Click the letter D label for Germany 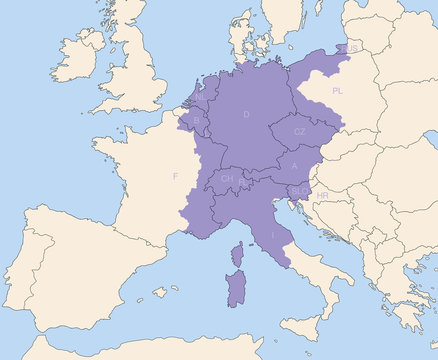[x=246, y=114]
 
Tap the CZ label [x=299, y=132]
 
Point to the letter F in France [x=176, y=177]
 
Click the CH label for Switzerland [x=227, y=179]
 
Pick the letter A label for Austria [x=294, y=165]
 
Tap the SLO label [x=299, y=189]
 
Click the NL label [x=200, y=97]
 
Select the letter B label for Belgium [x=196, y=120]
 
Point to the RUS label [x=353, y=48]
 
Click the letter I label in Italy [x=274, y=234]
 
